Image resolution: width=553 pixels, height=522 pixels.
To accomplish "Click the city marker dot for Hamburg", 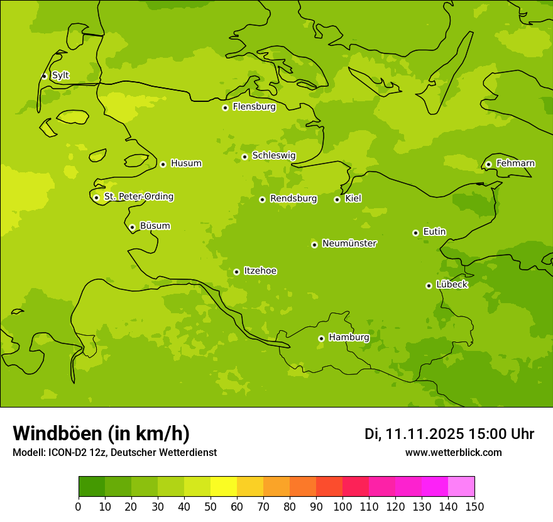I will pyautogui.click(x=321, y=338).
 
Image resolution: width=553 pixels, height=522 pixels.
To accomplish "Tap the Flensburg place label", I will pyautogui.click(x=254, y=107).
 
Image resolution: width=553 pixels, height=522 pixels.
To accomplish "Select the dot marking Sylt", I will pyautogui.click(x=44, y=76).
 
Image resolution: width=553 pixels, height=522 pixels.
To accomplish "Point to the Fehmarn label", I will pyautogui.click(x=515, y=164).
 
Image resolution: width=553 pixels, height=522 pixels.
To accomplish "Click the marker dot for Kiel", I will pyautogui.click(x=337, y=199).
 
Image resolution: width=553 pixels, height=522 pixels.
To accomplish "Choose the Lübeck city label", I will pyautogui.click(x=452, y=285).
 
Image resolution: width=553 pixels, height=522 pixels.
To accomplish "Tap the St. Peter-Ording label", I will pyautogui.click(x=138, y=197).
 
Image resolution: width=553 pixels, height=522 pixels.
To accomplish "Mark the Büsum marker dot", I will pyautogui.click(x=132, y=227).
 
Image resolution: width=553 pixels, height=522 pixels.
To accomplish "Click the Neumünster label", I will pyautogui.click(x=349, y=243).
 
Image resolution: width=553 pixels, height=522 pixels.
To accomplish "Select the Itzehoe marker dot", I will pyautogui.click(x=236, y=272).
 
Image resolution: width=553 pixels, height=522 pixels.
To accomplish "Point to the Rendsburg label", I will pyautogui.click(x=293, y=199).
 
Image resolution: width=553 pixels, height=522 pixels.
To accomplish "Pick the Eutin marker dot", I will pyautogui.click(x=415, y=233).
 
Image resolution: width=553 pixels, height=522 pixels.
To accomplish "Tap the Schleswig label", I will pyautogui.click(x=273, y=155).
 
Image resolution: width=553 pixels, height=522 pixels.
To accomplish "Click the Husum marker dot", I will pyautogui.click(x=163, y=164).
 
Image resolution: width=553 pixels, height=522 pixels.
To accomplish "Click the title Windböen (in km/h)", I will pyautogui.click(x=101, y=433).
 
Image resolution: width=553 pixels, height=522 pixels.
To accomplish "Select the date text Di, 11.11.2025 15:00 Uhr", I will pyautogui.click(x=449, y=434).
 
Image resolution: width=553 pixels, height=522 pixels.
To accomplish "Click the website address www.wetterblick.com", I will pyautogui.click(x=453, y=453).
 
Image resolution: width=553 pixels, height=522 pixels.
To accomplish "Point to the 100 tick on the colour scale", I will pyautogui.click(x=342, y=507).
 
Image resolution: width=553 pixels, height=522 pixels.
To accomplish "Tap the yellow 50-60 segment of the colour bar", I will pyautogui.click(x=224, y=486).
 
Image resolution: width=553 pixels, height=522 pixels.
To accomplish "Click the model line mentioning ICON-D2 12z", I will pyautogui.click(x=114, y=453).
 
